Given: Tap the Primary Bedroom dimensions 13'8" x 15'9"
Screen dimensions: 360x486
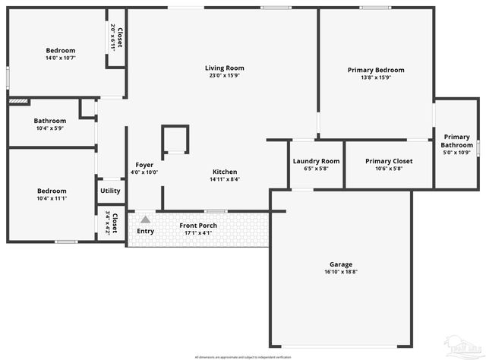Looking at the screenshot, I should [x=376, y=77].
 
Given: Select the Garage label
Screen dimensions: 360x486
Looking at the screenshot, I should [x=341, y=264].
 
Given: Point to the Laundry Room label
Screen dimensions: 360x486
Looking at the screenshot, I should [x=316, y=161].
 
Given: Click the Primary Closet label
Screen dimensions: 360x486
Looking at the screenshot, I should [x=388, y=161].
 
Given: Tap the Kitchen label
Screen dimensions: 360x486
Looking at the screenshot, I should [x=225, y=172].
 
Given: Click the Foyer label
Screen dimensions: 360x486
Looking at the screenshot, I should [x=144, y=165].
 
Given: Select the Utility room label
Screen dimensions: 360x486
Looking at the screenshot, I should [x=110, y=191].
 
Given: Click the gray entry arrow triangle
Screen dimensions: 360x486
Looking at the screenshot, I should [x=144, y=219].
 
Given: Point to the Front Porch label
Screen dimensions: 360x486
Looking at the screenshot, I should [x=197, y=226].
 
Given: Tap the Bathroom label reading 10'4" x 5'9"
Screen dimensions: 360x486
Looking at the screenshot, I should [x=50, y=121].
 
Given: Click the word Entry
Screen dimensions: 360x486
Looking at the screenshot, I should [x=145, y=231].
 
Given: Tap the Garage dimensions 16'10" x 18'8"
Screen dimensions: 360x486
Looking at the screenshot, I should [x=341, y=271].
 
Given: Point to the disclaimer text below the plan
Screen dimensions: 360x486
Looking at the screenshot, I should [x=242, y=356].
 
